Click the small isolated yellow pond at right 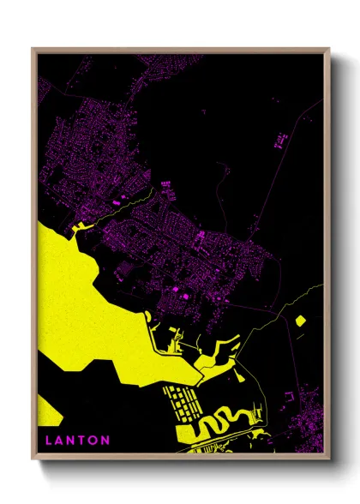coord(301,321)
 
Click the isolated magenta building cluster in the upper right coord(280,139)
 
